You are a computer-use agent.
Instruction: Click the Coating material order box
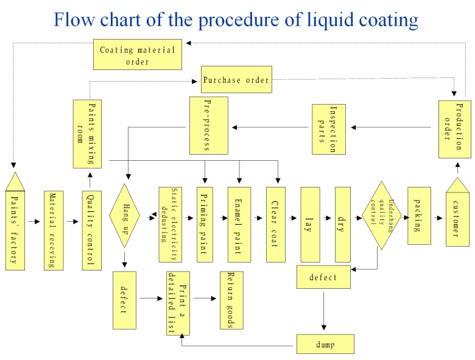pyautogui.click(x=137, y=55)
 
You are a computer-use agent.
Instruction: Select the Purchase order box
pyautogui.click(x=236, y=80)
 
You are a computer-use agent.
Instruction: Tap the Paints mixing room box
pyautogui.click(x=90, y=133)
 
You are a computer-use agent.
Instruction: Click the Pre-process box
pyautogui.click(x=208, y=125)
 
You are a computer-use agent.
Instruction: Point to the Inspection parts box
pyautogui.click(x=328, y=129)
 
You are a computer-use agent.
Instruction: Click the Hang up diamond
pyautogui.click(x=125, y=215)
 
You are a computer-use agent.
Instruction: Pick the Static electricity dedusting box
pyautogui.click(x=169, y=216)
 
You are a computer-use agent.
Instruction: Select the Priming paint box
pyautogui.click(x=205, y=224)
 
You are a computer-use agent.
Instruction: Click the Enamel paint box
pyautogui.click(x=239, y=224)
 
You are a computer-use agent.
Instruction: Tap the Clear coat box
pyautogui.click(x=275, y=224)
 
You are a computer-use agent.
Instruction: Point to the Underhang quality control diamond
pyautogui.click(x=382, y=215)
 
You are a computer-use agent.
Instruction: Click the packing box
pyautogui.click(x=419, y=215)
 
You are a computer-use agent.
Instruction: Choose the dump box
pyautogui.click(x=325, y=344)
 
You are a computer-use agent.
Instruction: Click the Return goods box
pyautogui.click(x=231, y=299)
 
